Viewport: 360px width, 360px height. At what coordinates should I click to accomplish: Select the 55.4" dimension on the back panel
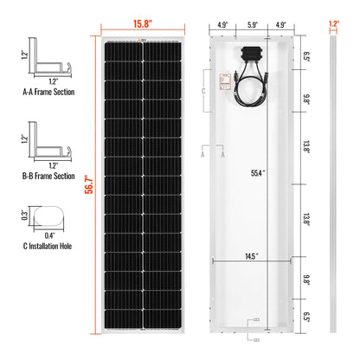[257, 174]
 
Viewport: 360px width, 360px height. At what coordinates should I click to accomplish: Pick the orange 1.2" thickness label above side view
[334, 12]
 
